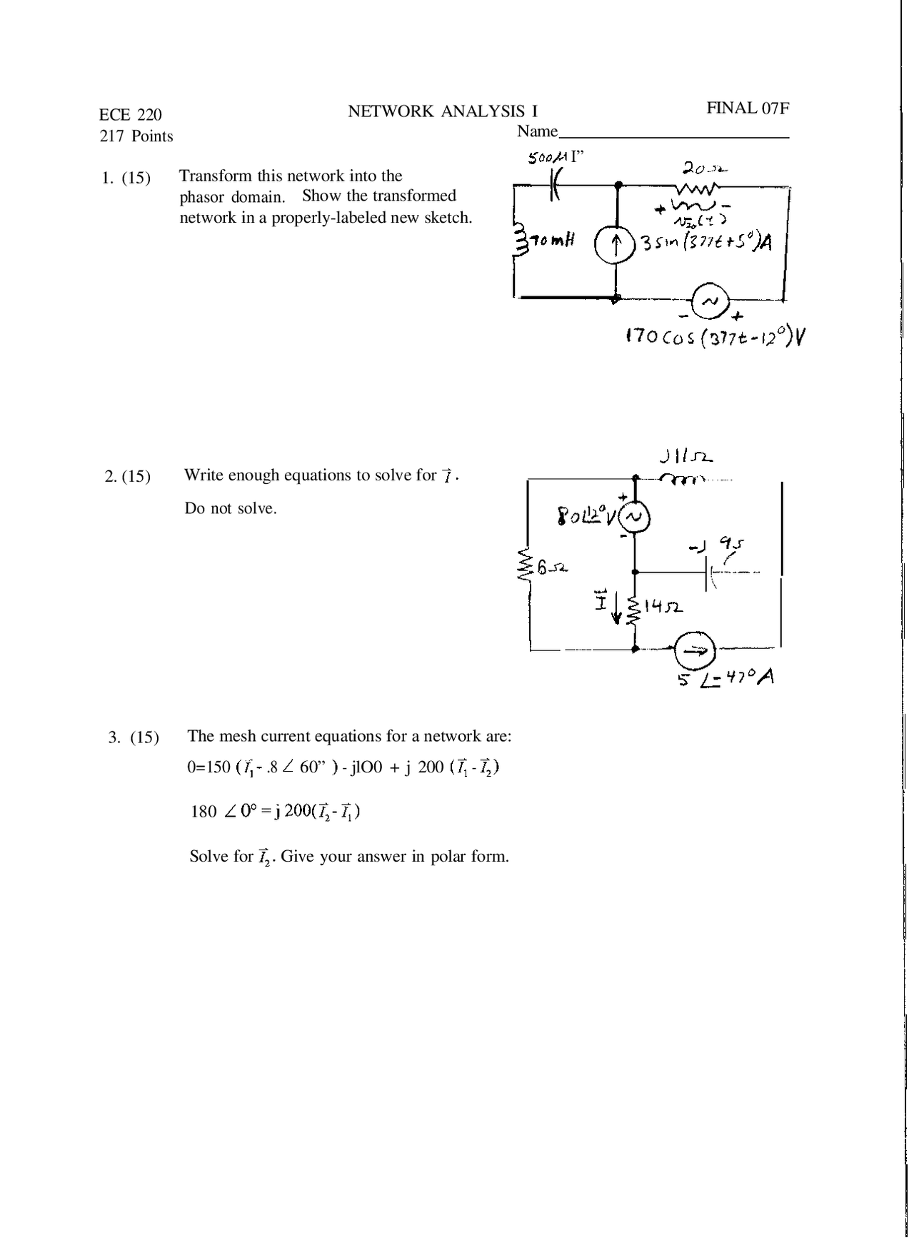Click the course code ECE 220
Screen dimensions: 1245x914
tap(131, 115)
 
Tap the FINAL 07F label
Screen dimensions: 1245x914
tap(748, 109)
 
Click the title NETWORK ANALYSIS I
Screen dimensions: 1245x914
tap(443, 111)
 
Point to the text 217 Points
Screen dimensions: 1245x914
tap(136, 136)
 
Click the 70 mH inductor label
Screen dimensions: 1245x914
tap(551, 241)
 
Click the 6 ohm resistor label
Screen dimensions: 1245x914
tap(551, 568)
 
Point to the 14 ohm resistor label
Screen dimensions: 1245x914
tap(663, 607)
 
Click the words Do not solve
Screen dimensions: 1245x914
tap(230, 509)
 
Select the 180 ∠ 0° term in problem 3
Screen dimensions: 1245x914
tap(223, 812)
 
